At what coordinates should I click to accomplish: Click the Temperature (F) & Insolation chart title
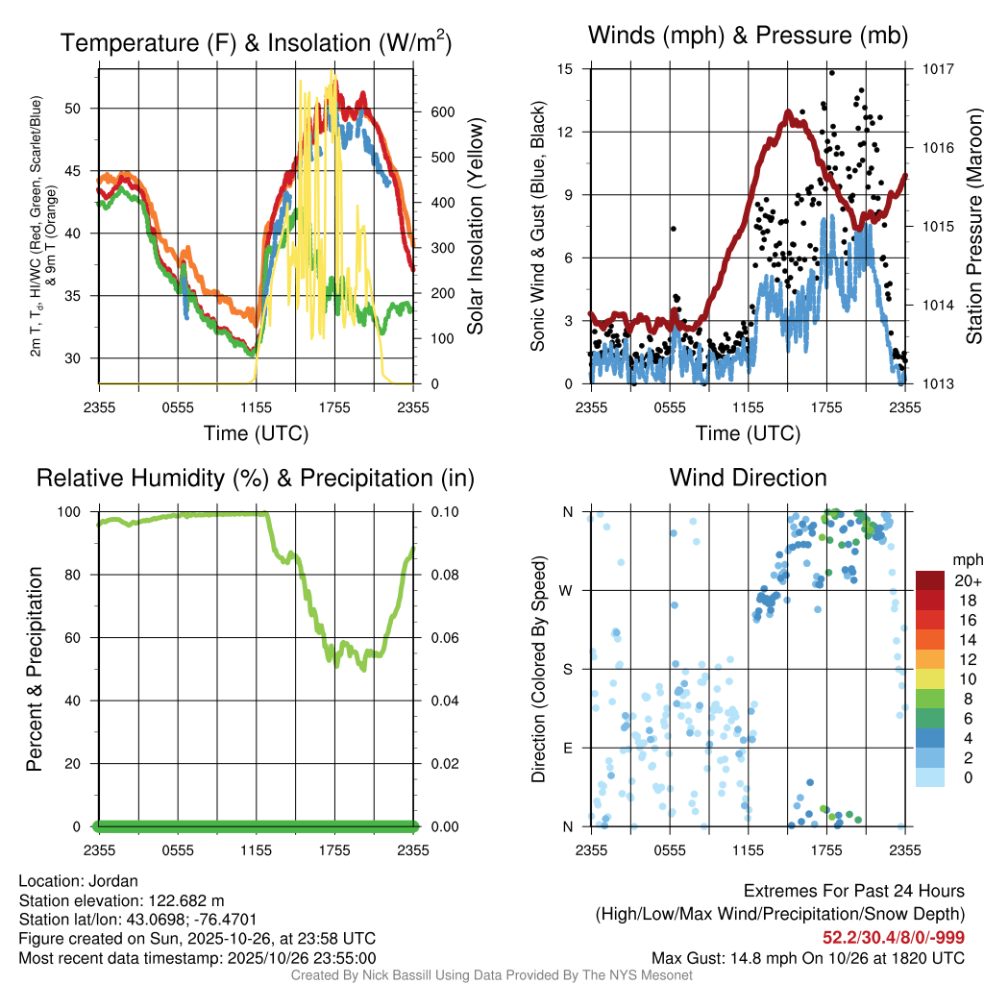point(257,42)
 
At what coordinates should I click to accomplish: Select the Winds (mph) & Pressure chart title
point(748,37)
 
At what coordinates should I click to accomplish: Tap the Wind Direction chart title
point(748,478)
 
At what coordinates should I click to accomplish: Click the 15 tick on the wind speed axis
point(565,69)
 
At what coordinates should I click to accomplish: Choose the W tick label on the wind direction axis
point(568,590)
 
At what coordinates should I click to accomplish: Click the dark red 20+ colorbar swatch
point(931,580)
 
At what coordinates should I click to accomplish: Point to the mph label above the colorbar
point(967,559)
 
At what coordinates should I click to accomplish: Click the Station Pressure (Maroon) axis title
point(973,226)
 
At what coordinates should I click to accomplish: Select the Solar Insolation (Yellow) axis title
point(475,226)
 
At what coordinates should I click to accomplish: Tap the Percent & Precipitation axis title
point(35,669)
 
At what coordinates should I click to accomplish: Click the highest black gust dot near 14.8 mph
point(831,73)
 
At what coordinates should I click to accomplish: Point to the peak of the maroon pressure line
point(788,112)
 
